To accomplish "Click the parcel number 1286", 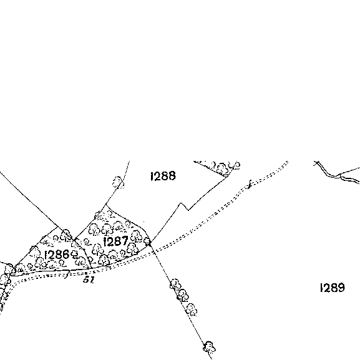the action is [x=57, y=255].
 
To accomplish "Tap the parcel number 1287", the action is [x=115, y=241].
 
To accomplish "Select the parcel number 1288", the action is [x=163, y=176].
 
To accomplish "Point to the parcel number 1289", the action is [x=333, y=288].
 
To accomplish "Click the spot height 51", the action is [x=89, y=280].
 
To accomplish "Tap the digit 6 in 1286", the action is [x=66, y=255].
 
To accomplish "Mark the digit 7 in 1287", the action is [x=125, y=241].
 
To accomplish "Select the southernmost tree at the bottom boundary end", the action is [x=209, y=347].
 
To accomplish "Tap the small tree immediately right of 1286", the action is [x=74, y=254].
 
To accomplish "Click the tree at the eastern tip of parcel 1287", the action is [x=147, y=241].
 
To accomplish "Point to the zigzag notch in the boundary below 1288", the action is [x=184, y=206].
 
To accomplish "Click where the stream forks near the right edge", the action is [x=339, y=176].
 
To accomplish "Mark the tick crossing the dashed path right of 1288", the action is [x=250, y=184].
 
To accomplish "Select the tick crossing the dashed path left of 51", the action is [x=67, y=275].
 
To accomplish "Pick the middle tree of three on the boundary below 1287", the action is [x=183, y=295].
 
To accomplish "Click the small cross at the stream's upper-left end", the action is [x=318, y=163].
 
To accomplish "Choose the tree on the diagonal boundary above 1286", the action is [x=66, y=234].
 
